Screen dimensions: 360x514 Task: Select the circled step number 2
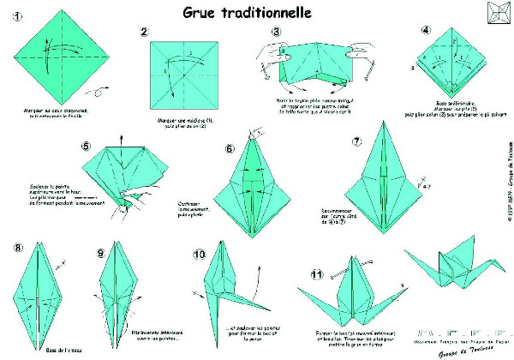click(145, 32)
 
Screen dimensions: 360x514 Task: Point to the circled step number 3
click(277, 33)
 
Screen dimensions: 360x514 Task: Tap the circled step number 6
click(230, 148)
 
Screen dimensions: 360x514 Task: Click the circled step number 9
click(102, 253)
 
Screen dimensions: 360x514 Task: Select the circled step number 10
click(200, 255)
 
